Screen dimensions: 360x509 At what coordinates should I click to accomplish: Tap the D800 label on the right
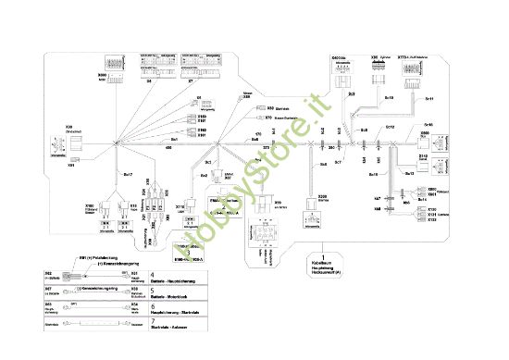[425, 132]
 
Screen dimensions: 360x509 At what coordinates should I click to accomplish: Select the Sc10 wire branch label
[372, 173]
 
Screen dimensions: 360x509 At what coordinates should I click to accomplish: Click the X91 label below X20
[71, 165]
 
